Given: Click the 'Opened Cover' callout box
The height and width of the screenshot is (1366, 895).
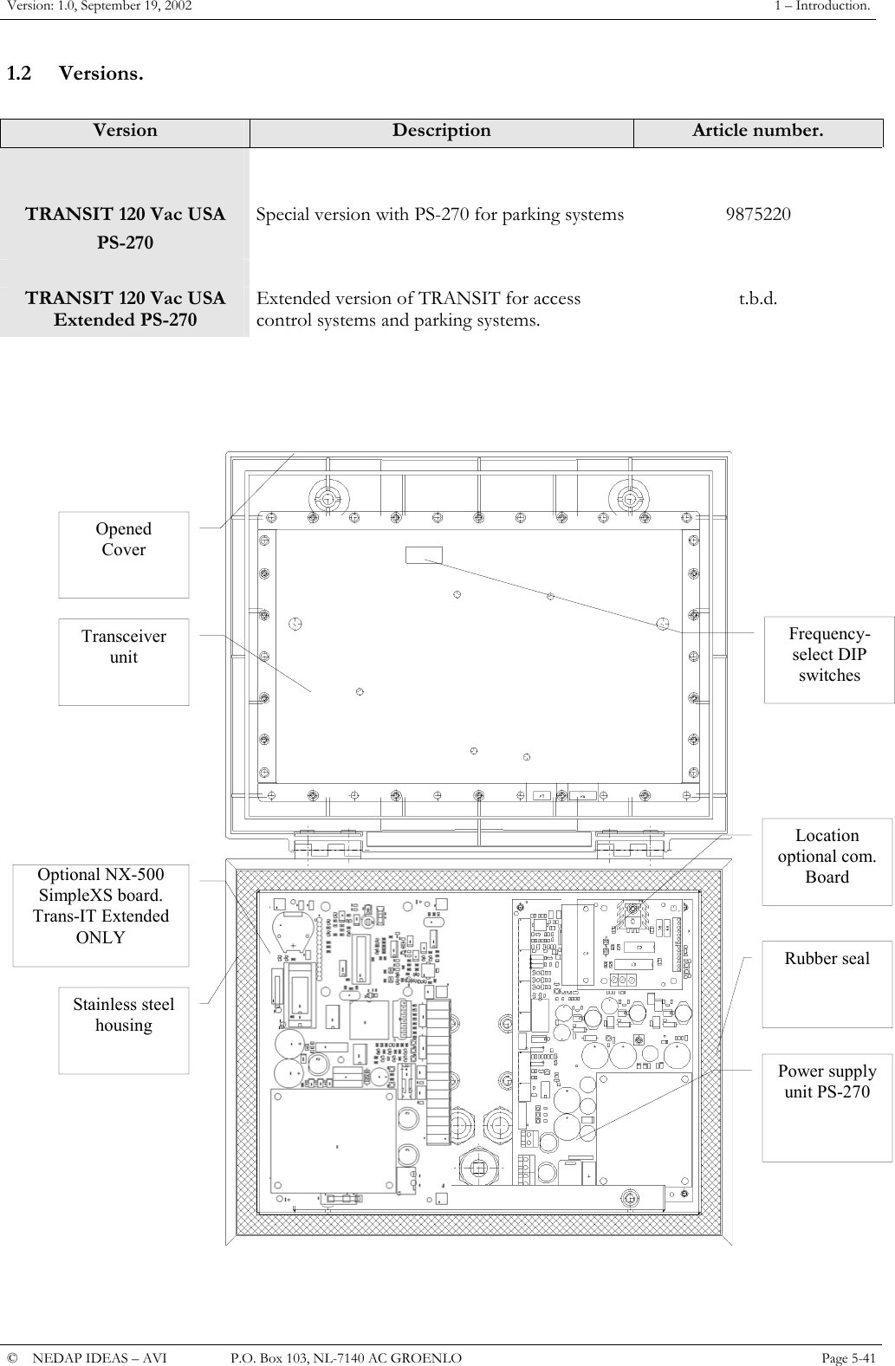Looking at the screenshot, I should tap(123, 554).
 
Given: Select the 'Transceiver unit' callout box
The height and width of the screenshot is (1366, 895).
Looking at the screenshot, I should tap(123, 662).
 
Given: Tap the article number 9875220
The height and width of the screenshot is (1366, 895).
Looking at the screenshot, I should tap(757, 214).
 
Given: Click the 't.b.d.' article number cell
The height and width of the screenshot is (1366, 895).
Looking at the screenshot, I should tap(757, 299).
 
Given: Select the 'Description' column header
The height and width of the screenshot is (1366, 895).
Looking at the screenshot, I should tap(441, 132).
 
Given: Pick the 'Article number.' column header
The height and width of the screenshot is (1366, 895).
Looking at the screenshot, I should tap(757, 132).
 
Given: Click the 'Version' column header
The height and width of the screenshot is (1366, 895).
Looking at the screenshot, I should tap(125, 132).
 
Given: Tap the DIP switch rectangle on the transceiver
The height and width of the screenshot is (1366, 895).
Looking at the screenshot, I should tap(424, 555).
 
